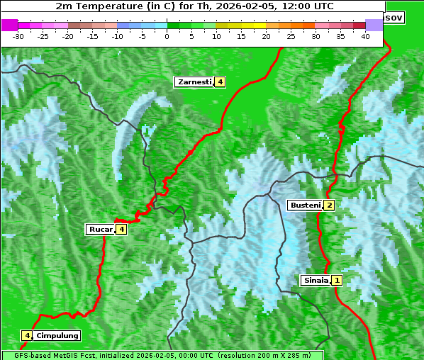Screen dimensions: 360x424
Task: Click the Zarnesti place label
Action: click(x=194, y=82)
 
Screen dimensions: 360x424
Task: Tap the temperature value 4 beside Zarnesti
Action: click(x=221, y=82)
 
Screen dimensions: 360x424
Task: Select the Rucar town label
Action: click(x=101, y=229)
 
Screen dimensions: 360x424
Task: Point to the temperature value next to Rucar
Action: click(x=122, y=229)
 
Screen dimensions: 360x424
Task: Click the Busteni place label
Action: click(x=305, y=206)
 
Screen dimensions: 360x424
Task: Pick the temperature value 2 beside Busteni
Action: click(x=329, y=206)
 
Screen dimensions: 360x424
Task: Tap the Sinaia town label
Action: click(x=316, y=280)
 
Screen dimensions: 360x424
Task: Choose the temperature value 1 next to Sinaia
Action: click(x=337, y=280)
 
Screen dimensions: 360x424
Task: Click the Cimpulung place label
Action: click(x=57, y=335)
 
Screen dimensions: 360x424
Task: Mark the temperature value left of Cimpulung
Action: click(x=27, y=335)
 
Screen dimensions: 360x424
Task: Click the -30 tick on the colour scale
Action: click(x=18, y=36)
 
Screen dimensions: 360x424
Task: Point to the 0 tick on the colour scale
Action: click(x=167, y=36)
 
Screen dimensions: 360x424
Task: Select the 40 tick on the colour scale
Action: click(x=365, y=36)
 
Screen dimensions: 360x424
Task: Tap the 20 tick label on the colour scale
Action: click(x=267, y=36)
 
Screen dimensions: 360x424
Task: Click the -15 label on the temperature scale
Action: click(x=93, y=36)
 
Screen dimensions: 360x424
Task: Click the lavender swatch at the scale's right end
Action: click(x=374, y=25)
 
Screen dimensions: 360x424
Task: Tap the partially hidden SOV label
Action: click(x=394, y=17)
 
